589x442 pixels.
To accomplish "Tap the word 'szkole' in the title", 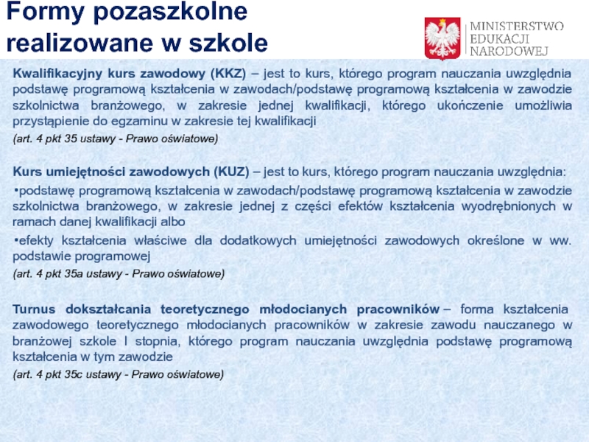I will pyautogui.click(x=228, y=43).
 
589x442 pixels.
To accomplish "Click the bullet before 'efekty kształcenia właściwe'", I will pyautogui.click(x=15, y=241).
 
